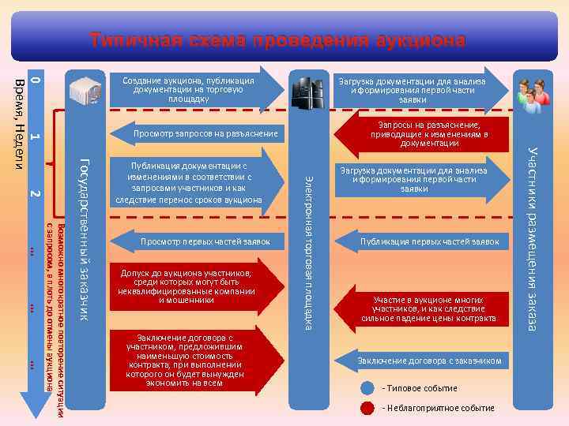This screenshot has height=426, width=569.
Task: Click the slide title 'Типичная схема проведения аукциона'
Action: (x=277, y=39)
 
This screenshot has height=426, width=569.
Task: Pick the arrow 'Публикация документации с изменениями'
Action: (x=194, y=183)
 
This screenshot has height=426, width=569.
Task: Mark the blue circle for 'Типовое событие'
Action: (x=367, y=388)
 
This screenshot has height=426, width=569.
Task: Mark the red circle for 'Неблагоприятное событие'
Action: (x=367, y=408)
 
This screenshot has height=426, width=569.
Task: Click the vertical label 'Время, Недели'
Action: (x=18, y=122)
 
